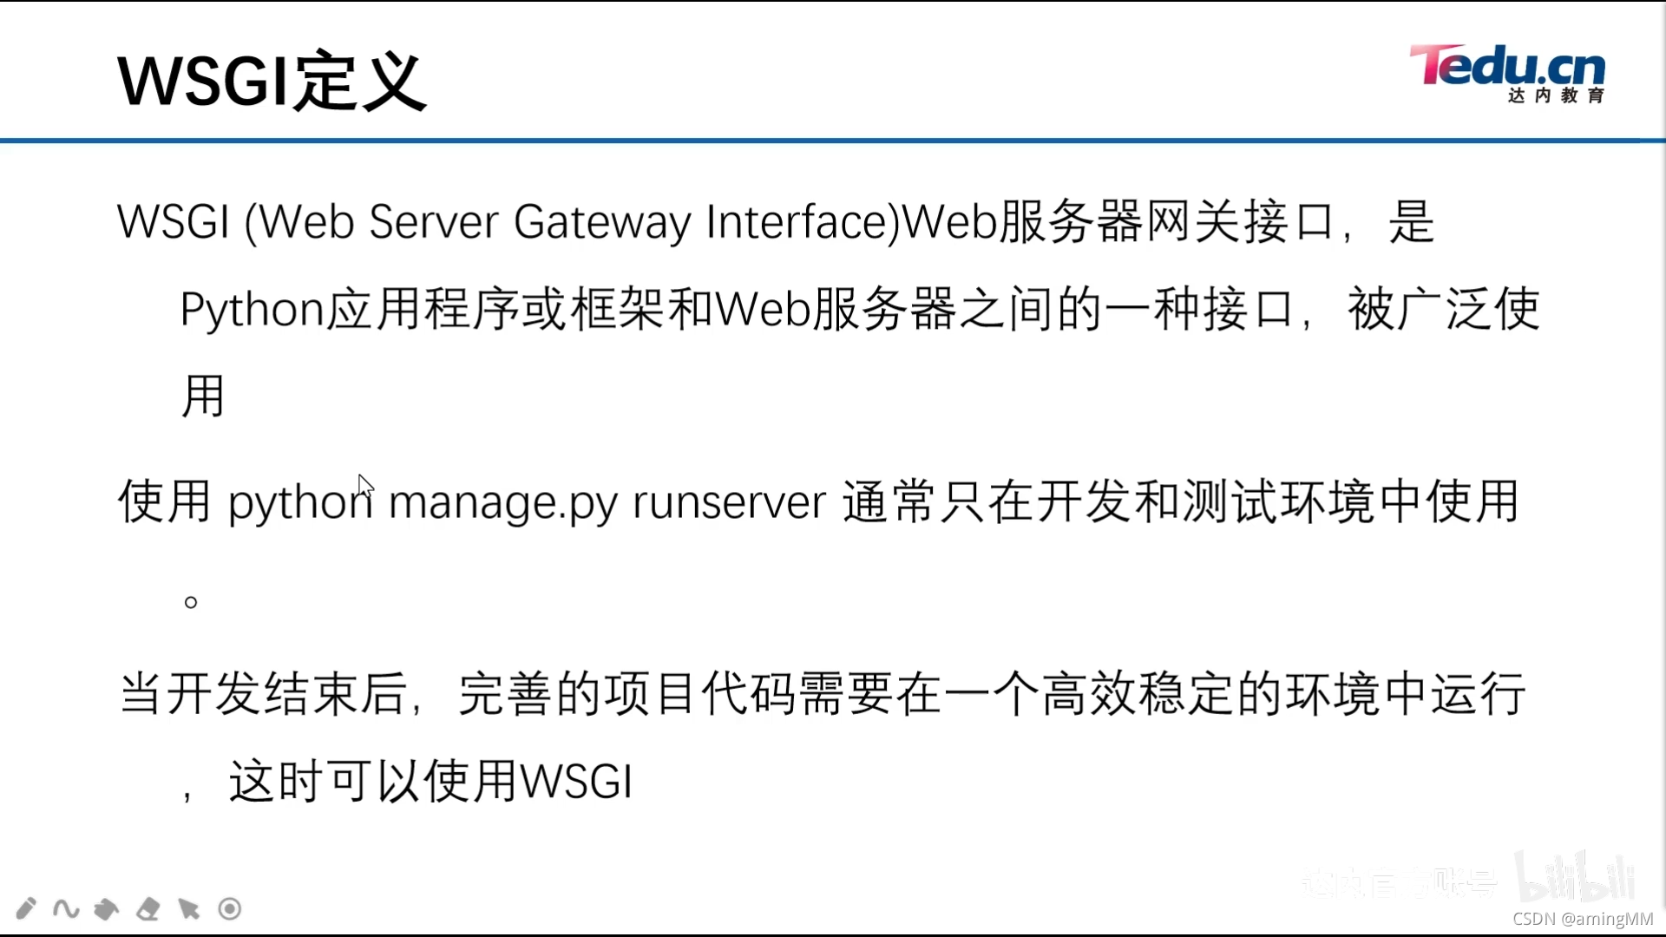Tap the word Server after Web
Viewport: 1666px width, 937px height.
click(x=433, y=222)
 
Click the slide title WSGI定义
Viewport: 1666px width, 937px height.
click(x=272, y=81)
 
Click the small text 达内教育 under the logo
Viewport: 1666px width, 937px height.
click(x=1556, y=95)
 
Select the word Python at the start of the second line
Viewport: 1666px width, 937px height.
click(x=252, y=310)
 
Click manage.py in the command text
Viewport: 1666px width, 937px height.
click(x=502, y=502)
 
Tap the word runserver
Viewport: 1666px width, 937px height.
click(x=729, y=502)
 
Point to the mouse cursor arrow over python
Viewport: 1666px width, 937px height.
click(x=365, y=486)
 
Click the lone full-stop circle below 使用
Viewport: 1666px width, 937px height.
click(x=191, y=602)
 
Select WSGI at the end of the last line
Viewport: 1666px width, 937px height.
click(x=576, y=781)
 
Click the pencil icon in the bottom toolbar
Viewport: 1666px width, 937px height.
click(x=26, y=908)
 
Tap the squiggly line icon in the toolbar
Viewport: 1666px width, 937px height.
click(x=66, y=908)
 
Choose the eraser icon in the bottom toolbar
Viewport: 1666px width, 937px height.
click(x=148, y=908)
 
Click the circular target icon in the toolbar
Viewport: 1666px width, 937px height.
click(x=230, y=908)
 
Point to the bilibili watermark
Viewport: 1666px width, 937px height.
click(x=1575, y=878)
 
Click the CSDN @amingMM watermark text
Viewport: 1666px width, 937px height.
click(x=1583, y=919)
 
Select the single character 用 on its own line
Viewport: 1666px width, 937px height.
click(x=203, y=396)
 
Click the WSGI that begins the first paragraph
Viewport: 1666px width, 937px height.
click(x=174, y=222)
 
